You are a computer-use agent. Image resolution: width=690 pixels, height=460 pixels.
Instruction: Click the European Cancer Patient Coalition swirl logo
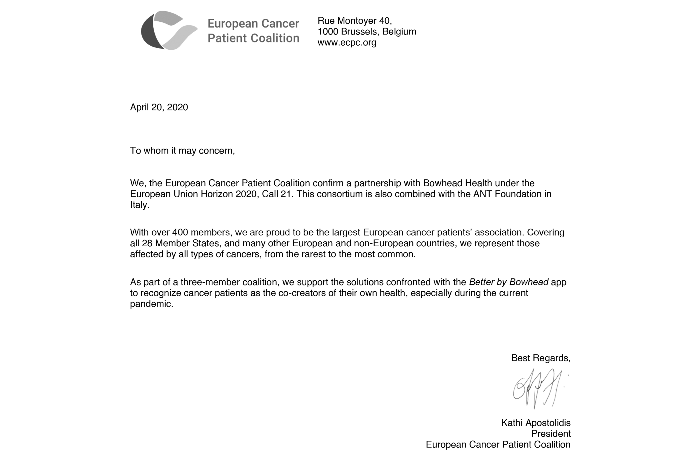(x=169, y=30)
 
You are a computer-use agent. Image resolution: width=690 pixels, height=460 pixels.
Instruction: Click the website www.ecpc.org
(x=347, y=43)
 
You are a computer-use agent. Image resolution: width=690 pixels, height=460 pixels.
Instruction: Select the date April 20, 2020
(x=159, y=107)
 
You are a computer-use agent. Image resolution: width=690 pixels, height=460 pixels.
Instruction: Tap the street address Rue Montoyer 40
(x=354, y=20)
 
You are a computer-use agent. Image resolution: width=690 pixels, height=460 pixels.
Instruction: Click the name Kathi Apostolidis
(x=536, y=423)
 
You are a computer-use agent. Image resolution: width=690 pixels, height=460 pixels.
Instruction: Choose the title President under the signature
(x=551, y=434)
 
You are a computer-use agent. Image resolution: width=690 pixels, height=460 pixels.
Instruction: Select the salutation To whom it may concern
(x=182, y=150)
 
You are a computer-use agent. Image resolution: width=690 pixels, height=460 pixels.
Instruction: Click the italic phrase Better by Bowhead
(x=508, y=282)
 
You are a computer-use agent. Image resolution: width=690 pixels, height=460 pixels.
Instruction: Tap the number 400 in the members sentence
(x=180, y=232)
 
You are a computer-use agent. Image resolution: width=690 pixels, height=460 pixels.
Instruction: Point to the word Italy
(x=140, y=205)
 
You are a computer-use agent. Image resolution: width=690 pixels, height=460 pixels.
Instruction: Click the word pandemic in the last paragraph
(x=151, y=304)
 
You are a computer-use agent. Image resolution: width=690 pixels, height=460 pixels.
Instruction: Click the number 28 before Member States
(x=147, y=243)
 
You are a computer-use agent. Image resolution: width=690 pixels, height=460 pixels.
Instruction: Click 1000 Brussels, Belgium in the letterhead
(x=367, y=31)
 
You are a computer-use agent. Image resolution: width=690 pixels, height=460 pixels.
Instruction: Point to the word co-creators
(x=302, y=293)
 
